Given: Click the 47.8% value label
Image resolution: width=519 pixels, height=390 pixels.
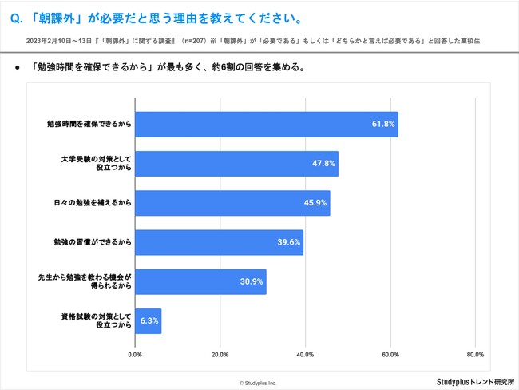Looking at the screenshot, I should tap(323, 164).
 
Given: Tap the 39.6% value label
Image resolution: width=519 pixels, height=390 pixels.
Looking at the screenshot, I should tap(288, 242).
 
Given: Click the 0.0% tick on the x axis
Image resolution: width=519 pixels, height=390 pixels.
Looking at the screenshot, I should tap(135, 354).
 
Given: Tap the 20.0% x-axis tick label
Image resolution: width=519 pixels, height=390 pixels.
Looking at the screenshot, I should tap(220, 354).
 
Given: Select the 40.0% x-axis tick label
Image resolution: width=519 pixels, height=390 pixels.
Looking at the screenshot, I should tap(305, 354).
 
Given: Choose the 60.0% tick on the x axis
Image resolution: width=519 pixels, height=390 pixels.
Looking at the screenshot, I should tap(390, 354).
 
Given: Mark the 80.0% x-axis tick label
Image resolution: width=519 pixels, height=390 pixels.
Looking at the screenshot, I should tap(474, 354).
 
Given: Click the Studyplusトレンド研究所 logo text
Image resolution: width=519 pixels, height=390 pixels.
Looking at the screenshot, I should tap(474, 381).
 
